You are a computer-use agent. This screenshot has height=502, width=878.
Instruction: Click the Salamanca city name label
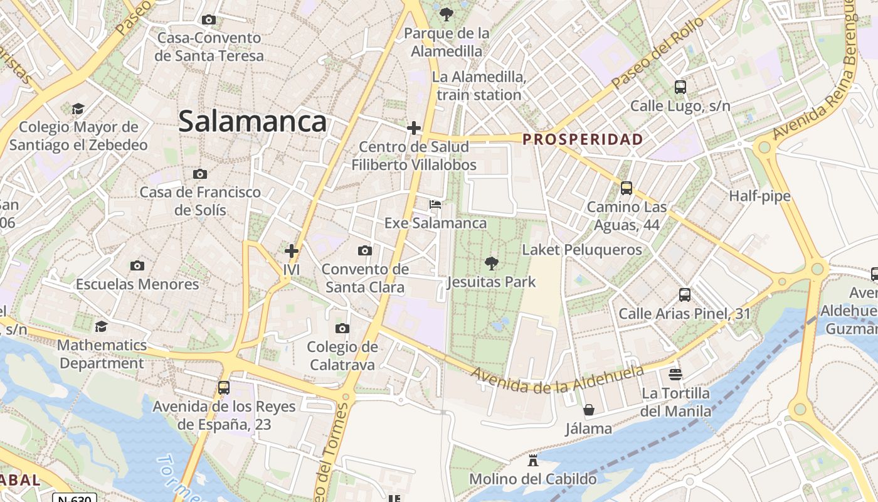tap(252, 121)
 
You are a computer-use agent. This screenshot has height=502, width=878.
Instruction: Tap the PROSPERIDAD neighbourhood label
tap(583, 139)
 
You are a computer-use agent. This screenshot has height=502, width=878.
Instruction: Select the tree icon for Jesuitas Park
tap(492, 264)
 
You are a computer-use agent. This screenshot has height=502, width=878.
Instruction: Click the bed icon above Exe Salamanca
tap(435, 205)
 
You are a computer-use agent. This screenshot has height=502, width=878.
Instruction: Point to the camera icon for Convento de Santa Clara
tap(364, 251)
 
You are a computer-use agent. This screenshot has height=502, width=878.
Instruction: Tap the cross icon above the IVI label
tap(291, 252)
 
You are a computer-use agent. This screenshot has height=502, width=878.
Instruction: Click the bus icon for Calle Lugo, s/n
tap(680, 87)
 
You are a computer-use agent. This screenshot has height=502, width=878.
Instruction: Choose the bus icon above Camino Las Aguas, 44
tap(626, 188)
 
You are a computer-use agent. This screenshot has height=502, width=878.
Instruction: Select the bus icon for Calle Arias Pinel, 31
tap(685, 295)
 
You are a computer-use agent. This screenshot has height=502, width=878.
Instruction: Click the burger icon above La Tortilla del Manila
tap(675, 375)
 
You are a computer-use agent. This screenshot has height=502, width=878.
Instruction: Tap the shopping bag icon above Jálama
tap(589, 410)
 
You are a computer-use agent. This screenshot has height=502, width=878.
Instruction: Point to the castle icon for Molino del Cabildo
tap(533, 461)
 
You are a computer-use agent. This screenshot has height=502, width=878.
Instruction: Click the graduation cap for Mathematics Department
tap(101, 326)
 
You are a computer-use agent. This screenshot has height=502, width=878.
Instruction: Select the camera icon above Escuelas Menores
tap(137, 266)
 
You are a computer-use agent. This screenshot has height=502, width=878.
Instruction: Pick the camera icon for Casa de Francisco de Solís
tap(200, 174)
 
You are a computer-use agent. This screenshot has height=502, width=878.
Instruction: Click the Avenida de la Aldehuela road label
tap(558, 378)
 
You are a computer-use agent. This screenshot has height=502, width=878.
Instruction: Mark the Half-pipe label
tap(759, 196)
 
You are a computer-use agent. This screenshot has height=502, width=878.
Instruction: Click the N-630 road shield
tap(74, 499)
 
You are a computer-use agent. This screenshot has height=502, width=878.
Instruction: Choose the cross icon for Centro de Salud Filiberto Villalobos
tap(414, 128)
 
